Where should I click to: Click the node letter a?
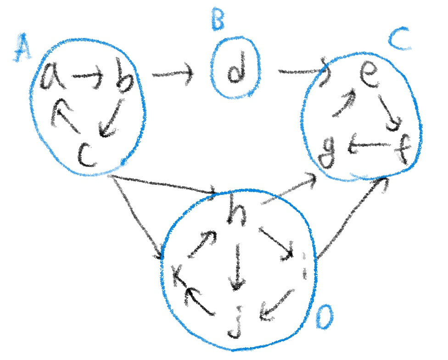pos(52,78)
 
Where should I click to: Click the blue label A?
pos(22,49)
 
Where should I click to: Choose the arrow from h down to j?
pos(237,266)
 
